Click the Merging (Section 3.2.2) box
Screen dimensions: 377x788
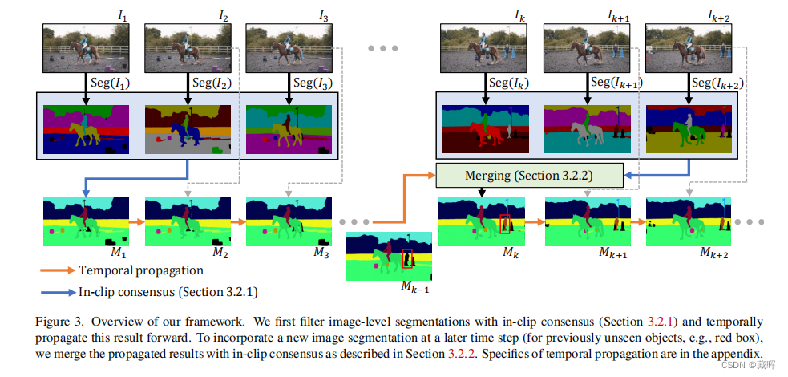coord(529,175)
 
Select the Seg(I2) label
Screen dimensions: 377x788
coord(212,82)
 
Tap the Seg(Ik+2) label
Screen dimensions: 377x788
coord(717,83)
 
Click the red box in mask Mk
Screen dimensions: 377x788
coord(505,225)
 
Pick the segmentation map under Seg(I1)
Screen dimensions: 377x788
coord(87,128)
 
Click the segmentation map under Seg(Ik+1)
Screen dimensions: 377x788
coord(587,128)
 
